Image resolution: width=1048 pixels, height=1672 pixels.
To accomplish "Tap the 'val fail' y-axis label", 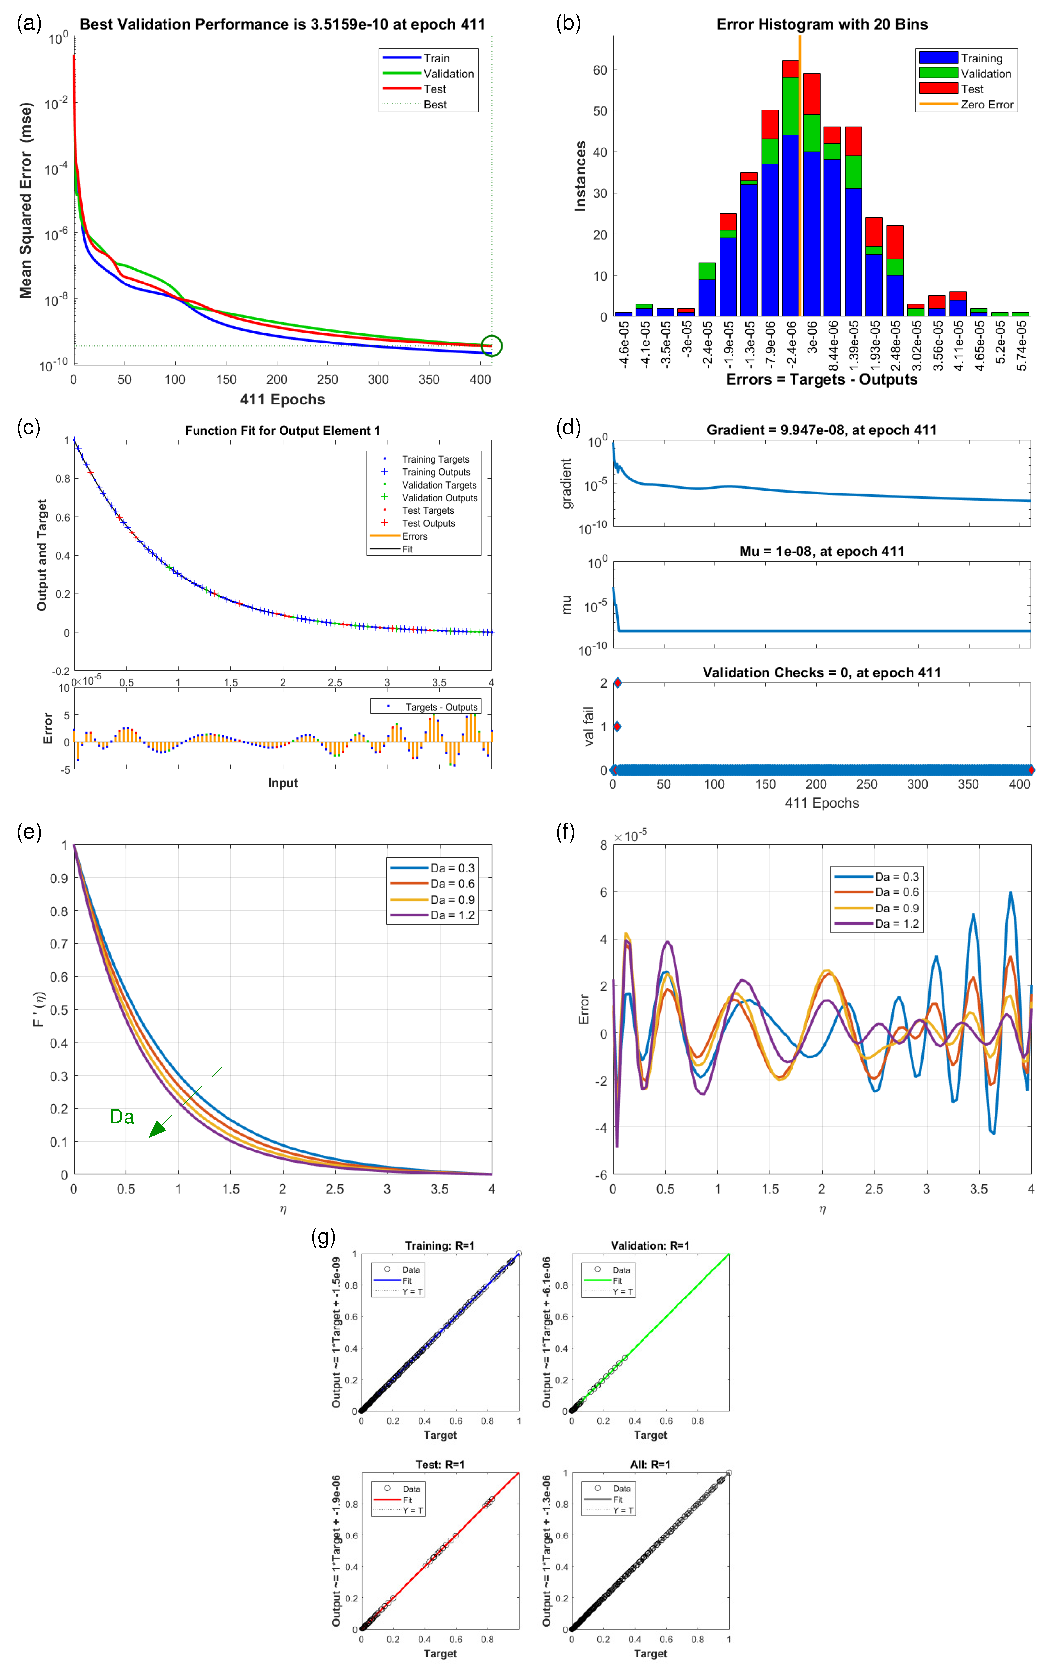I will point(588,726).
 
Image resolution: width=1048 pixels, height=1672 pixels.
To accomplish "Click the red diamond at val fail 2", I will point(617,682).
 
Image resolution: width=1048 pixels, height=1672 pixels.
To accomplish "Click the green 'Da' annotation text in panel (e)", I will point(122,1116).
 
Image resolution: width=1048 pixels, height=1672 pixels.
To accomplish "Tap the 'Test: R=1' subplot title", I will point(440,1464).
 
